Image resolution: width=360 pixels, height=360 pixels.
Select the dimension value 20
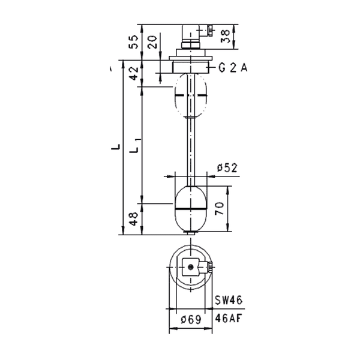point(152,41)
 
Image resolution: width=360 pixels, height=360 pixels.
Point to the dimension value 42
point(134,73)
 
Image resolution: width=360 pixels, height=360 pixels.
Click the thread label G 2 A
point(233,68)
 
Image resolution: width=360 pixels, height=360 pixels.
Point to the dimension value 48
point(134,219)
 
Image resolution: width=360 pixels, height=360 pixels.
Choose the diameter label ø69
point(190,319)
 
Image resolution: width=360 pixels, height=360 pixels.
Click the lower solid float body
point(190,219)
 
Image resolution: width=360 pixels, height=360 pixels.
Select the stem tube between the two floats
point(190,150)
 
